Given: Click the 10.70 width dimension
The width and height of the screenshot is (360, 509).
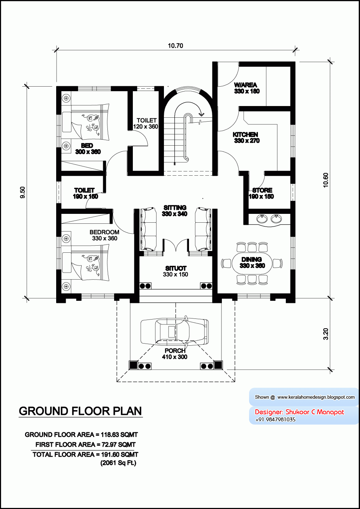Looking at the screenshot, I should click(175, 46).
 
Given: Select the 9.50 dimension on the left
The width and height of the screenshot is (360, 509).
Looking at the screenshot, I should click(23, 192).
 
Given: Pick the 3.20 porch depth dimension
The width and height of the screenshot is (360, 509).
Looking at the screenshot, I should click(326, 334).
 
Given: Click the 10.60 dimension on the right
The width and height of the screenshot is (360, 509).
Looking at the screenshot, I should click(326, 180).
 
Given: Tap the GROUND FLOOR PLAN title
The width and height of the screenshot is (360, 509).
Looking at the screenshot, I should click(80, 411).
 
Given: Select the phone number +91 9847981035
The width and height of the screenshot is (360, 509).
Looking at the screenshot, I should click(275, 420).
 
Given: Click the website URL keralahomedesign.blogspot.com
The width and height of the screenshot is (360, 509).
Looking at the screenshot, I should click(316, 397).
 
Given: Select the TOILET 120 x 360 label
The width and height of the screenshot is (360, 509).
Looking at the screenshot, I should click(146, 123).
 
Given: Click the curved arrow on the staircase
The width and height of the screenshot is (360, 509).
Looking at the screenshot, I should click(201, 114).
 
